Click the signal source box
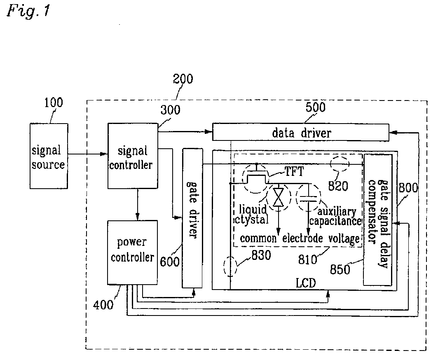click(49, 156)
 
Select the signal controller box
click(133, 156)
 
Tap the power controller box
click(132, 252)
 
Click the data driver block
click(300, 132)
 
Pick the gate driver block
click(192, 218)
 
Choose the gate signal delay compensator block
click(378, 220)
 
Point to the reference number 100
click(54, 103)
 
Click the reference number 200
click(183, 79)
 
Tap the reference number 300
click(170, 110)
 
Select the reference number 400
click(103, 304)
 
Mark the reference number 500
click(315, 107)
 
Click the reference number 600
click(170, 262)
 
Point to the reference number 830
click(261, 255)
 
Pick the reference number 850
click(340, 269)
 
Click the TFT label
click(294, 171)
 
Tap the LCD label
click(306, 283)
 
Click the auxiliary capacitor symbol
click(308, 197)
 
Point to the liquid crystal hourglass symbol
click(278, 197)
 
